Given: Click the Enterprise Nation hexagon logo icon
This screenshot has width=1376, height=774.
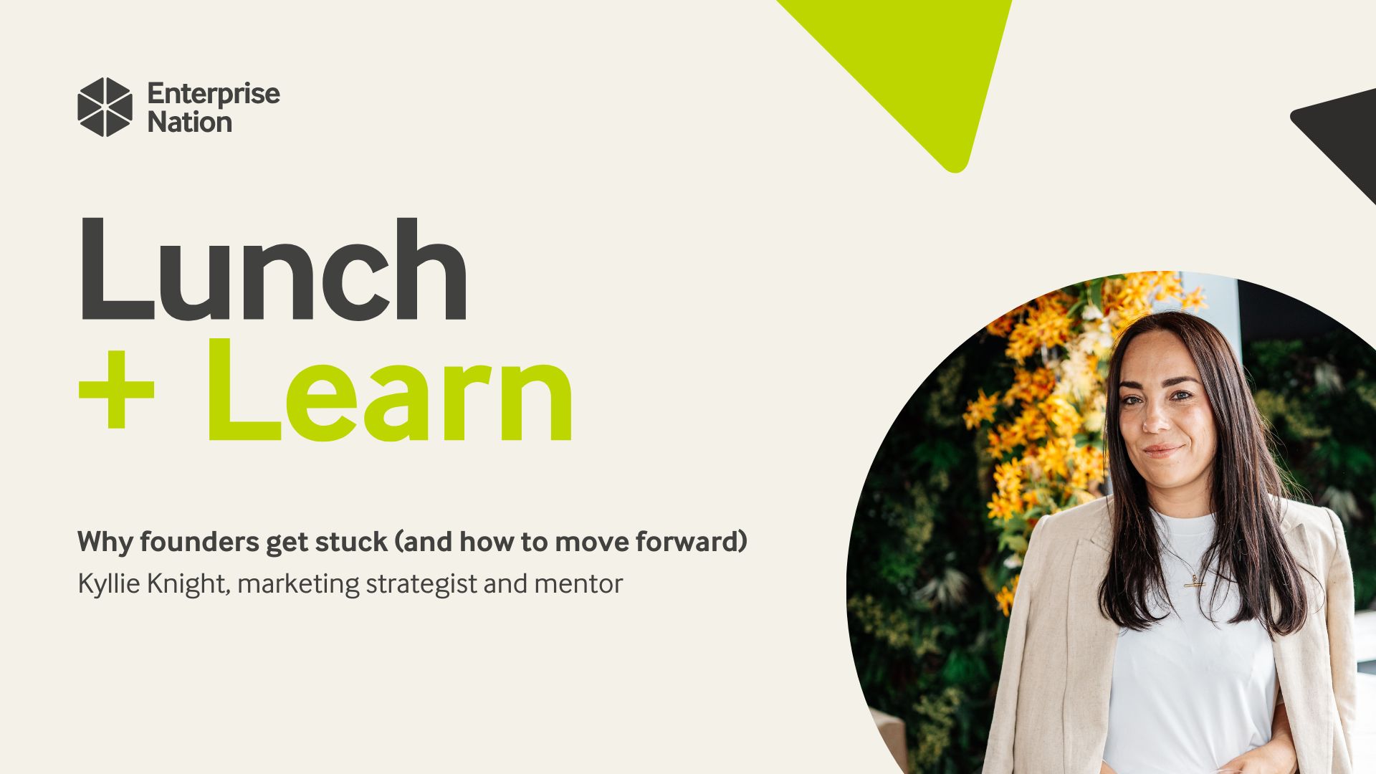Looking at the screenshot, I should [105, 107].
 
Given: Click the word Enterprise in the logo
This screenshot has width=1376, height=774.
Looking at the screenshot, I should [213, 94].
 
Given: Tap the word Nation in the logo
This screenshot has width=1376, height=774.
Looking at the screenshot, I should [189, 123].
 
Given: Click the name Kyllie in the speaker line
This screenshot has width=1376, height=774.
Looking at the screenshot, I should [109, 584].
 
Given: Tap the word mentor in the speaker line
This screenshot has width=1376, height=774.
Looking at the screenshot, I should [578, 584].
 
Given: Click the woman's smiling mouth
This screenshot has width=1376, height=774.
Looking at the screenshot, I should [1162, 451].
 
